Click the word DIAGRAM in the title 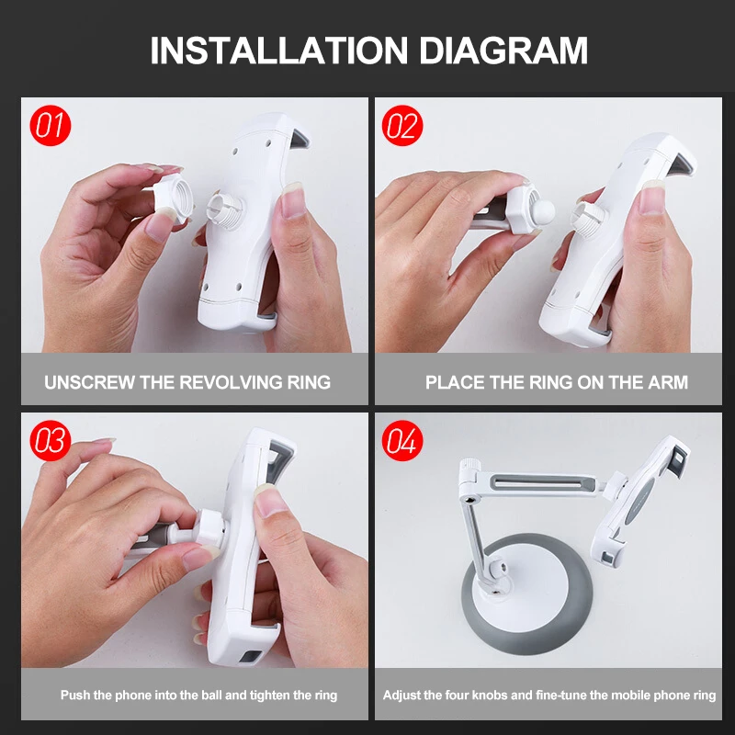(503, 51)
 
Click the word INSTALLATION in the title (279, 51)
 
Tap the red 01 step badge (51, 126)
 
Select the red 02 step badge (402, 126)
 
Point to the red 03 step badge (51, 441)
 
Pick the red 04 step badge (402, 441)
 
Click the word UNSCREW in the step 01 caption (89, 382)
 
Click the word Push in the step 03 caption (75, 695)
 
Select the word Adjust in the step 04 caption (401, 695)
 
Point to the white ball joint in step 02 (543, 212)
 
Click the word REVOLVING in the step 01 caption (231, 382)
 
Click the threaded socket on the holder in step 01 (225, 211)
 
